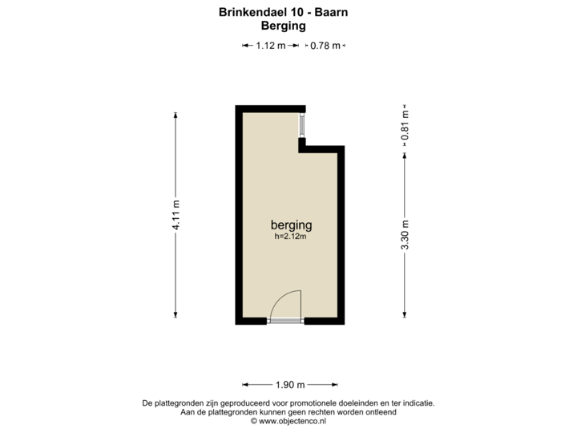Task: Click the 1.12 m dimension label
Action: click(270, 46)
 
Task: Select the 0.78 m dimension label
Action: click(326, 46)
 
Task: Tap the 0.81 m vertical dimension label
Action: click(406, 124)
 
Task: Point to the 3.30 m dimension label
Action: click(406, 235)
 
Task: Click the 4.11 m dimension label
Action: click(176, 214)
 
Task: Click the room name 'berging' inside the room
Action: click(291, 225)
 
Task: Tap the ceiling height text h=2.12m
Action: click(291, 237)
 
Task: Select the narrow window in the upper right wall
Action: click(303, 126)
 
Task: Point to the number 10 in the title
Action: click(296, 13)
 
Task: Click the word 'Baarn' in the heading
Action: click(332, 13)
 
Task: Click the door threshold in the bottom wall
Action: click(286, 322)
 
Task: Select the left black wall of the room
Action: click(238, 214)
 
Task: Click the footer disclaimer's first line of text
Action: click(288, 403)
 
